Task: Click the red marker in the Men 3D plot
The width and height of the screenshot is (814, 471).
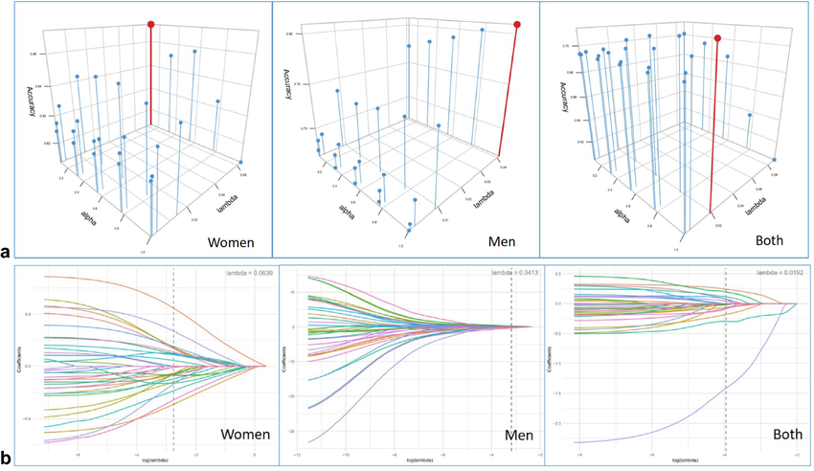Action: (x=517, y=25)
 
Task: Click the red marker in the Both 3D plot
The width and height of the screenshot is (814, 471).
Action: (x=717, y=38)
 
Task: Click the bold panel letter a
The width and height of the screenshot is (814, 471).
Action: (x=7, y=253)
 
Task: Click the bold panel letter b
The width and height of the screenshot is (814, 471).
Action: (x=7, y=459)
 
